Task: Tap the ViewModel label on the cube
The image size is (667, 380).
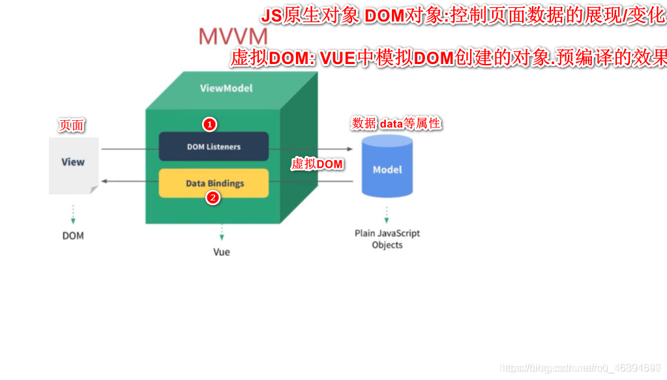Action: pos(226,88)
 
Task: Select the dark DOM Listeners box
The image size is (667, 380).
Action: pos(214,146)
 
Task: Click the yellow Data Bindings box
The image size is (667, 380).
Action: pos(214,183)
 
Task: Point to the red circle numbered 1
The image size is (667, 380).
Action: pos(209,123)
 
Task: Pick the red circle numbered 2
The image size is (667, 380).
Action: pos(213,198)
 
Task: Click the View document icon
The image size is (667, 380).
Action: pos(73,165)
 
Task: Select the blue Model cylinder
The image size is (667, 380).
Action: pos(387,167)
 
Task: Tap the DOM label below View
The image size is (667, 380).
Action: pos(73,236)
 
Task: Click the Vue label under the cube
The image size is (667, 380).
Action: pos(222,252)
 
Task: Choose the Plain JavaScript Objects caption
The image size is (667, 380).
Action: pos(387,239)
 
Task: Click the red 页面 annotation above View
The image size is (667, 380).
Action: pos(72,125)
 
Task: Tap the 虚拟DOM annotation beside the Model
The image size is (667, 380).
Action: pos(318,164)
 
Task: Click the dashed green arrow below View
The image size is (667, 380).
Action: pos(73,214)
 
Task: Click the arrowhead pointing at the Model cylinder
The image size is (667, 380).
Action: pos(350,150)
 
